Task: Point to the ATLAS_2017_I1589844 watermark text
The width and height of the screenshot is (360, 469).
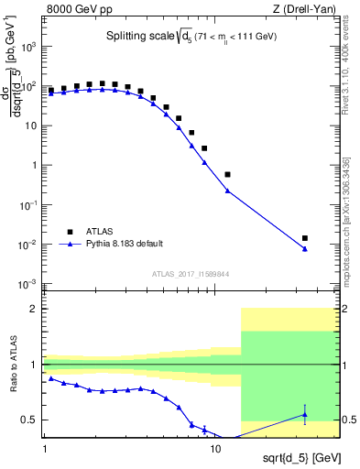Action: pyautogui.click(x=190, y=274)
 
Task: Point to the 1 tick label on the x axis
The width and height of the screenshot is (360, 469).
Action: pyautogui.click(x=44, y=450)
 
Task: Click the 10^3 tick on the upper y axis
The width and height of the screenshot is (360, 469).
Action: pyautogui.click(x=30, y=46)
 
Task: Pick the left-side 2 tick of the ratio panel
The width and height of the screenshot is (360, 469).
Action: pyautogui.click(x=35, y=309)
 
